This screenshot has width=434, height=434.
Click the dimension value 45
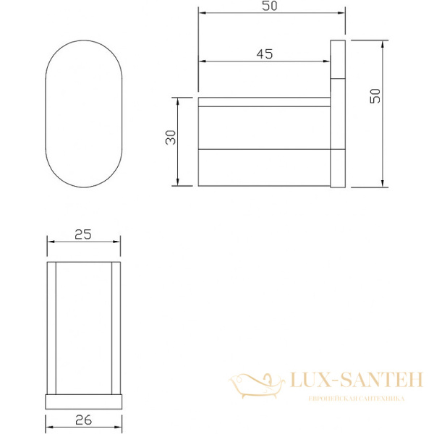click(265, 54)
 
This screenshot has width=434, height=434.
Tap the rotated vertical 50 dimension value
click(375, 96)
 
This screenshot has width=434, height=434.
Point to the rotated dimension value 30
click(171, 138)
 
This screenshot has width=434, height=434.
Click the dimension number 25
click(83, 234)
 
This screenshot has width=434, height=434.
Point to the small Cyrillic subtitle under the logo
click(357, 399)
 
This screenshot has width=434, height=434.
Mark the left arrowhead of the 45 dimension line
click(200, 61)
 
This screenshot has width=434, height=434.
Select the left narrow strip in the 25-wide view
click(51, 327)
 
